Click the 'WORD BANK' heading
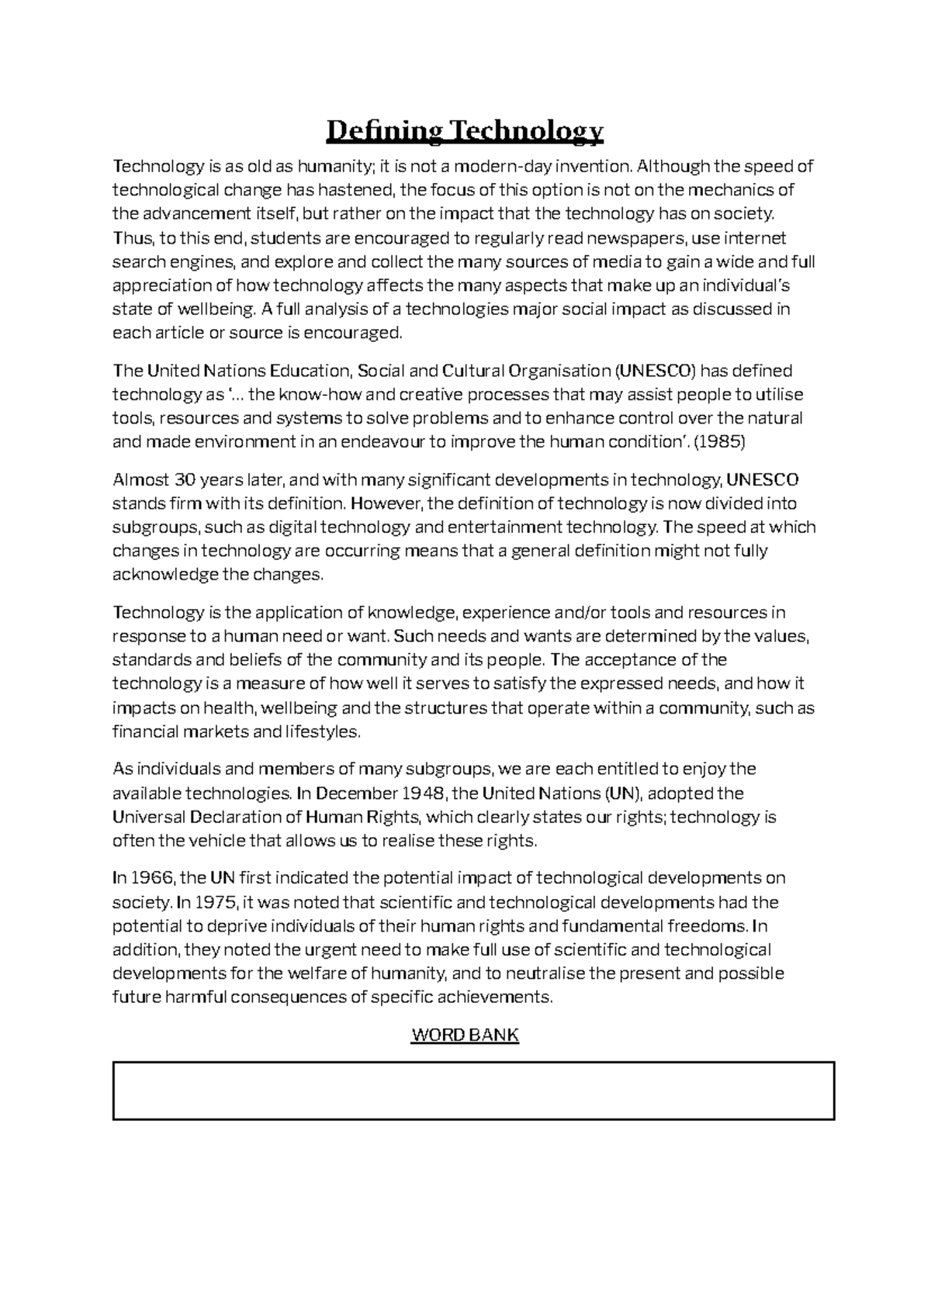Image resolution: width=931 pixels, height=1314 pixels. pos(464,1035)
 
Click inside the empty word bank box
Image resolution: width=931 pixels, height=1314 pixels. pos(473,1091)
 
